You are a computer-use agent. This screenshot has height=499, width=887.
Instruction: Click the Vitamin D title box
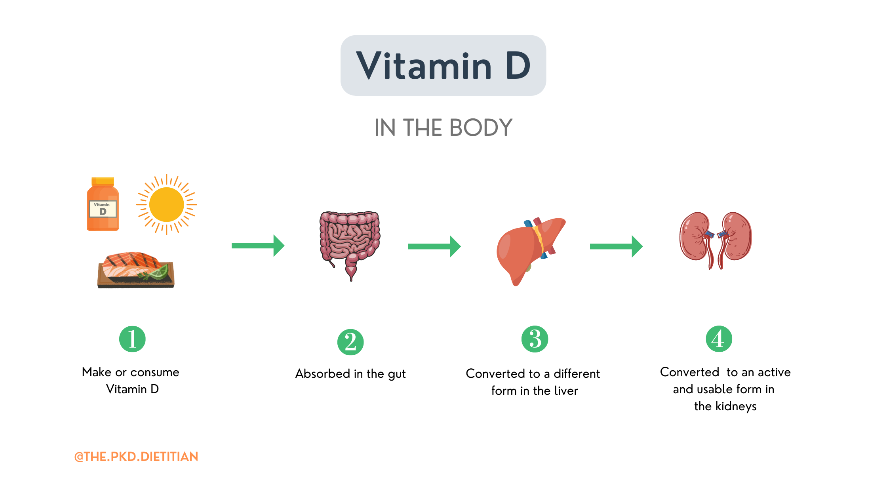[x=443, y=65]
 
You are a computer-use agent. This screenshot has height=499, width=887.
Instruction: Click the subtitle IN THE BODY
[x=443, y=128]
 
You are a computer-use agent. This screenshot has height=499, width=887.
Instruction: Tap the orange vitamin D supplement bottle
[x=103, y=204]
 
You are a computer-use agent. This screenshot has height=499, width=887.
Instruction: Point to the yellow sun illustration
[x=167, y=204]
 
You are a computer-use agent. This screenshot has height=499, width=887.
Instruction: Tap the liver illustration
[x=527, y=249]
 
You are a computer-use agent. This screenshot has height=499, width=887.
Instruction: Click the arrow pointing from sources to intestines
[x=258, y=246]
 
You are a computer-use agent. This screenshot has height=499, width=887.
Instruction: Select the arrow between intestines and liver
[x=434, y=246]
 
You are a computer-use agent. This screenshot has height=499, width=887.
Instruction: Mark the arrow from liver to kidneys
[x=616, y=246]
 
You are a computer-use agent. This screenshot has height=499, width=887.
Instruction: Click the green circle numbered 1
[x=132, y=339]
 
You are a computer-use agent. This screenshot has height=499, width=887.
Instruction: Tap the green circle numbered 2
[x=350, y=342]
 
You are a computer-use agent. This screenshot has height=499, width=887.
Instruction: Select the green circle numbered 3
[x=535, y=339]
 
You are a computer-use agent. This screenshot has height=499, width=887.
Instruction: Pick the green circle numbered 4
[x=719, y=339]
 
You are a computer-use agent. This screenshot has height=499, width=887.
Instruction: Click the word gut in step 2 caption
[x=396, y=374]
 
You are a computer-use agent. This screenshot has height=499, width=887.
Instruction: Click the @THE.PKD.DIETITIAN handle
[x=136, y=457]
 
